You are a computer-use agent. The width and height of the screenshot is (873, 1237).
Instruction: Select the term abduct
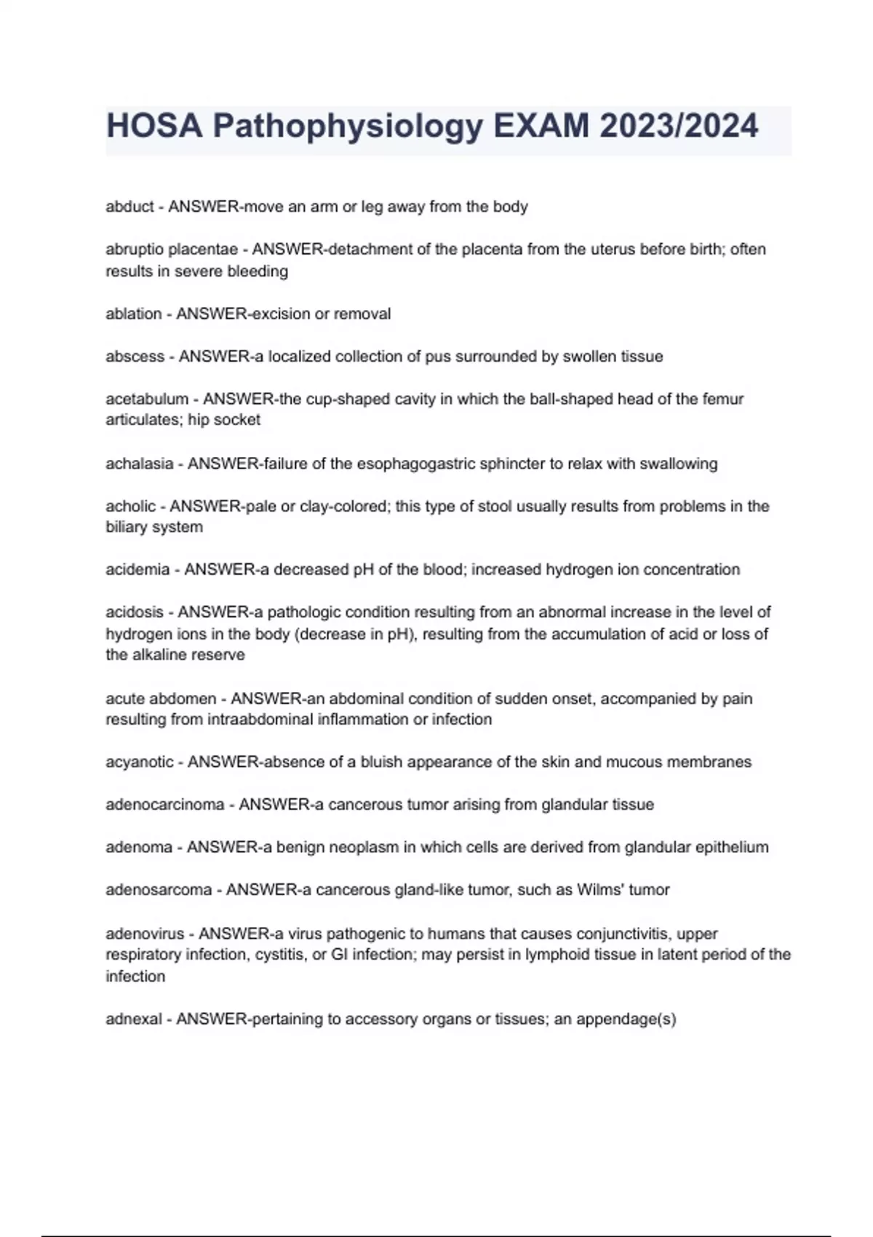[129, 207]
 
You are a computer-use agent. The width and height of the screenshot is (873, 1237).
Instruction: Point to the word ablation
[133, 314]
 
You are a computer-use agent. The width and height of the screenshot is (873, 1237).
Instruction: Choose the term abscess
[135, 357]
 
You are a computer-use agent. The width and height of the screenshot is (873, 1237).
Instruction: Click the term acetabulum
[146, 399]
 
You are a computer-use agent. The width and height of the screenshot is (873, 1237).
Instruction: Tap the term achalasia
[139, 464]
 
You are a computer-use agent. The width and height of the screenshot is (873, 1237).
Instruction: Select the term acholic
[130, 506]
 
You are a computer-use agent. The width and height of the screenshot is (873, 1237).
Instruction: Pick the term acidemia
[137, 570]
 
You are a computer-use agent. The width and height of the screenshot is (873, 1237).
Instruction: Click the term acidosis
[134, 613]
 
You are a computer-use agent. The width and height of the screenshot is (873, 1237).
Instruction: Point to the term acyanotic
[139, 762]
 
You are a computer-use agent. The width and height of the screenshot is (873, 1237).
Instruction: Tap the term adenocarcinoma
[164, 805]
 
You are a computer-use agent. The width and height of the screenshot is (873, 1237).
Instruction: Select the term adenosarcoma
[158, 890]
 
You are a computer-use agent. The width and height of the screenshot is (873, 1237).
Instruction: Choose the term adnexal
[133, 1019]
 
